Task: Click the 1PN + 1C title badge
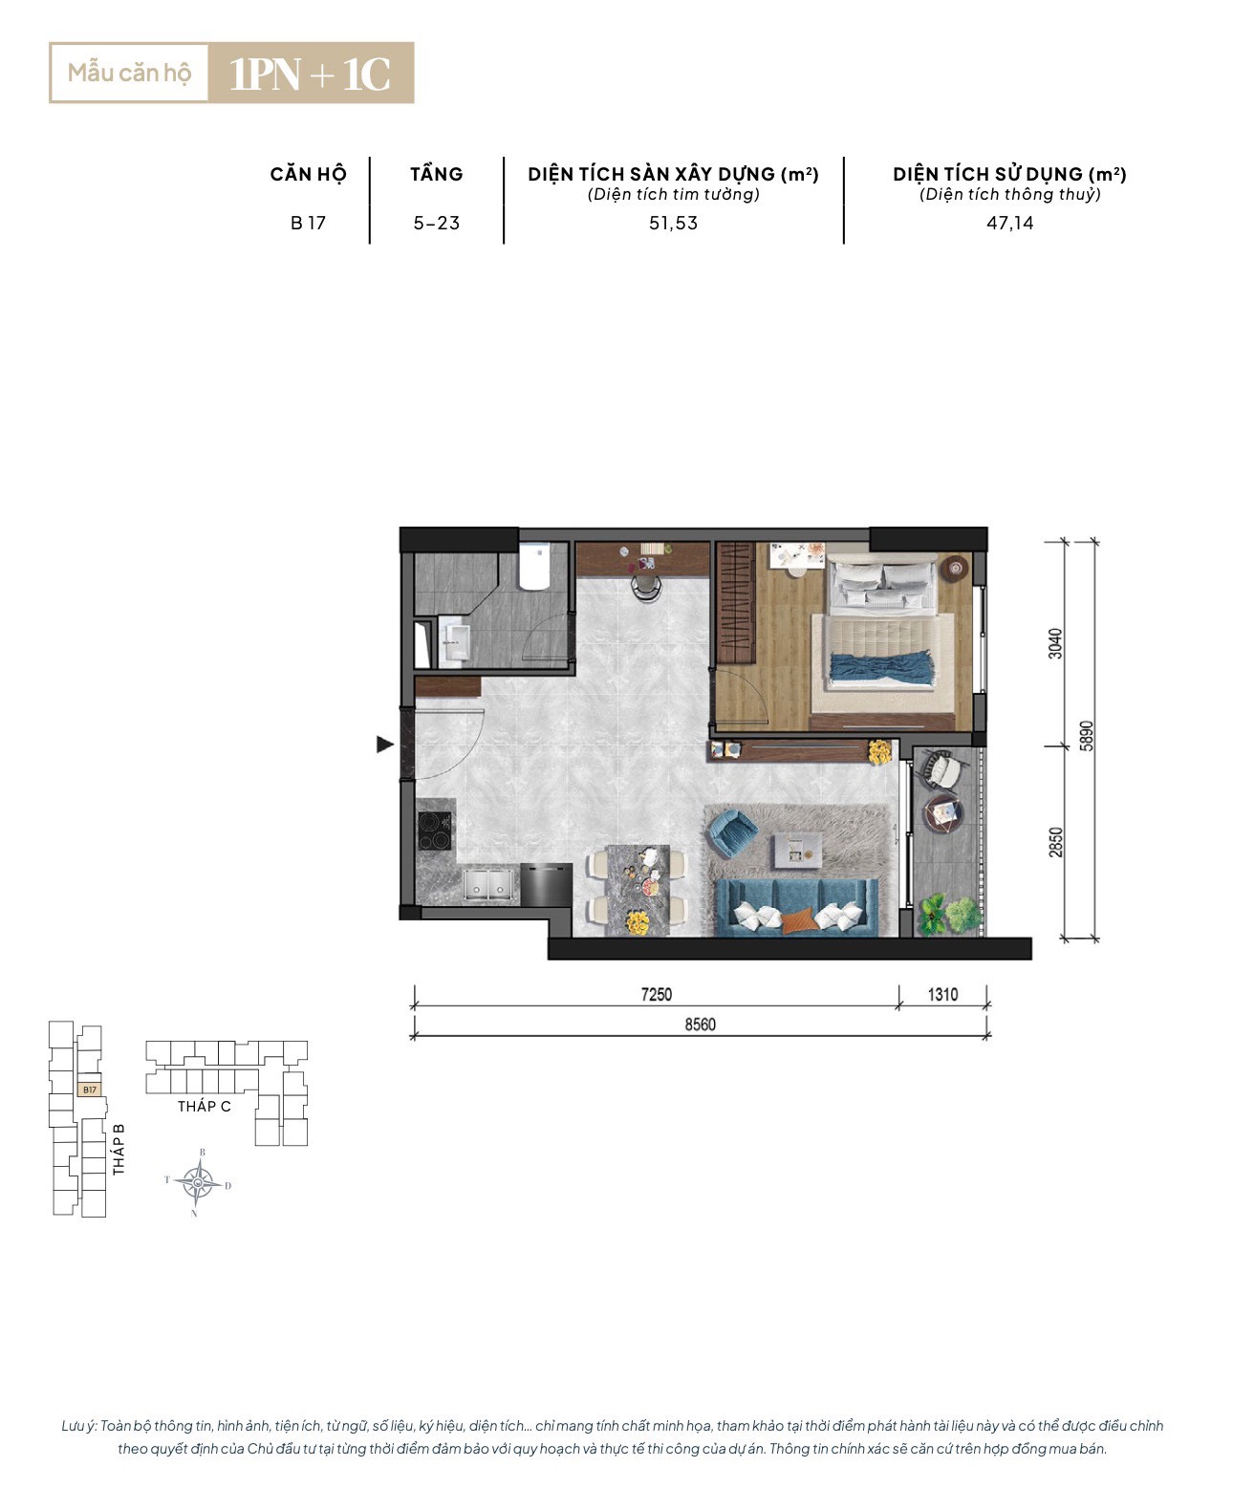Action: click(311, 73)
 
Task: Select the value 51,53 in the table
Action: click(673, 223)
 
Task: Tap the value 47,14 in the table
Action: click(1009, 223)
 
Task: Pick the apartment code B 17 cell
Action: click(308, 223)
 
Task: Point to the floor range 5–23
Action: click(436, 223)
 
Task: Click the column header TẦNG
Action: click(436, 174)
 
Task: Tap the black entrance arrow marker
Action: click(385, 744)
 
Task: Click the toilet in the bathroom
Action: click(533, 566)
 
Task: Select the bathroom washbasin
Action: click(453, 643)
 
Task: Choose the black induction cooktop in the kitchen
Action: click(435, 831)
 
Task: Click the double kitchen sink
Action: click(488, 884)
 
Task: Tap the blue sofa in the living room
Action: click(796, 906)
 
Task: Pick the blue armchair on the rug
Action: click(732, 833)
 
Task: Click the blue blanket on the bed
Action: click(882, 667)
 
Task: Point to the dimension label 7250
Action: click(656, 995)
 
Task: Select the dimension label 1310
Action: click(942, 995)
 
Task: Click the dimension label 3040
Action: click(1054, 643)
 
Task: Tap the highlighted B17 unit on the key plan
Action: click(90, 1089)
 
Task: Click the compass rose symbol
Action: click(198, 1182)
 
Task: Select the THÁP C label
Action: click(205, 1106)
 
